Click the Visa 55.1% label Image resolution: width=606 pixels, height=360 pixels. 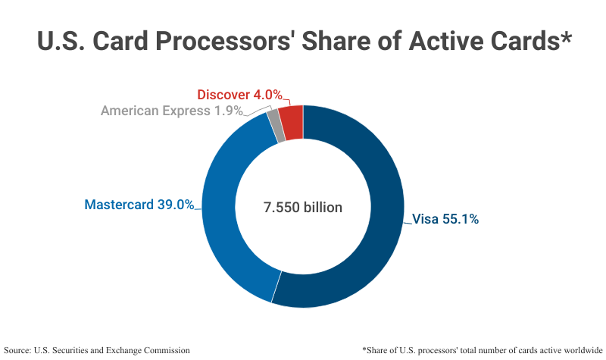[445, 220]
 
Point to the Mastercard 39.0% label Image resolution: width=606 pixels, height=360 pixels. [139, 205]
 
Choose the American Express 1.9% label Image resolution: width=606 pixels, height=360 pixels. [172, 111]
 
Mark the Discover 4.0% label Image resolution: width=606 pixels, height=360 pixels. [239, 95]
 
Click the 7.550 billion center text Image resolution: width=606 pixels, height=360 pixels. [303, 207]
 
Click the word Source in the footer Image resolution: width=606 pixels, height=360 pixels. [18, 350]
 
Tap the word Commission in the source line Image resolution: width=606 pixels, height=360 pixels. [164, 350]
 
